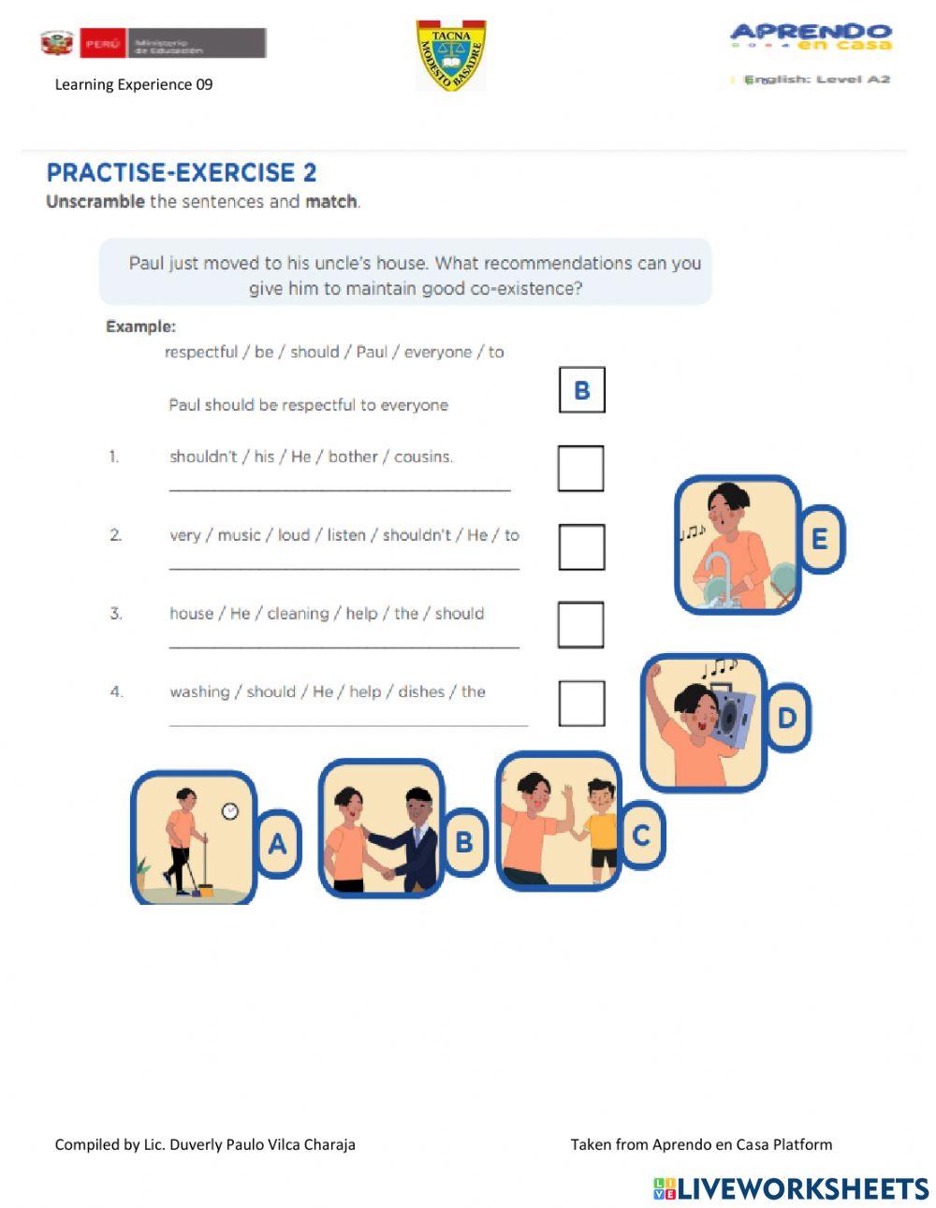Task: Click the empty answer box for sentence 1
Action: pos(580,468)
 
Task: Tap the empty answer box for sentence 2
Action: pos(581,546)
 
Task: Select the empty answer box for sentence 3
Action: pos(580,624)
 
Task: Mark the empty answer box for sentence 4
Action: pos(581,703)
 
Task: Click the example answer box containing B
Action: pos(581,390)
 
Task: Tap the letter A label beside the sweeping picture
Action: pos(278,844)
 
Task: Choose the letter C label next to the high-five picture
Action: pos(641,835)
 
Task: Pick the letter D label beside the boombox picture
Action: pos(787,718)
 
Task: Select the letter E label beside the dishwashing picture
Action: pos(820,539)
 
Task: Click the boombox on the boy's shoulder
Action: pos(734,713)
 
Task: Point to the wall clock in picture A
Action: pos(229,810)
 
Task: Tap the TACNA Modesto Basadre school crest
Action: pos(450,56)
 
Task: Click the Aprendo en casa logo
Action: pos(811,37)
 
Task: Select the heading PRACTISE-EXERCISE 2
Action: pos(182,172)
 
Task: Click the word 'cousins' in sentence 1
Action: pos(423,457)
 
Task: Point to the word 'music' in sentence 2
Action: pos(239,535)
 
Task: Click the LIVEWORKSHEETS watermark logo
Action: pos(791,1188)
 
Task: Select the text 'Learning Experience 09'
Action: pos(134,84)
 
